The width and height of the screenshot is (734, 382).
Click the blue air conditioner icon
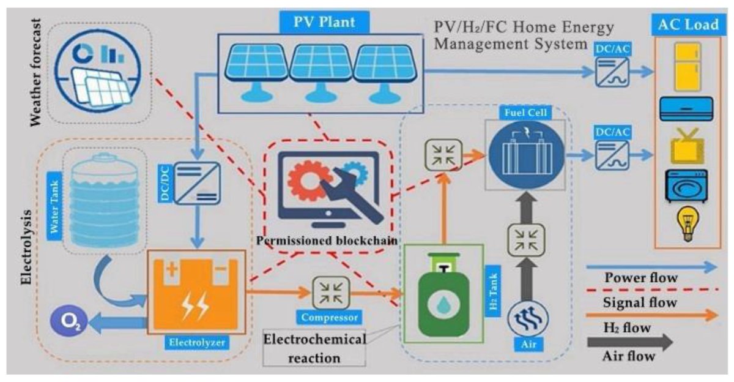[x=686, y=108]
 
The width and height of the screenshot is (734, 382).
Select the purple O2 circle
[x=66, y=320]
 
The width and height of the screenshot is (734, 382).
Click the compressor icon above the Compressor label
[x=331, y=292]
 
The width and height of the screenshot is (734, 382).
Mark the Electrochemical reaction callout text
[x=314, y=347]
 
